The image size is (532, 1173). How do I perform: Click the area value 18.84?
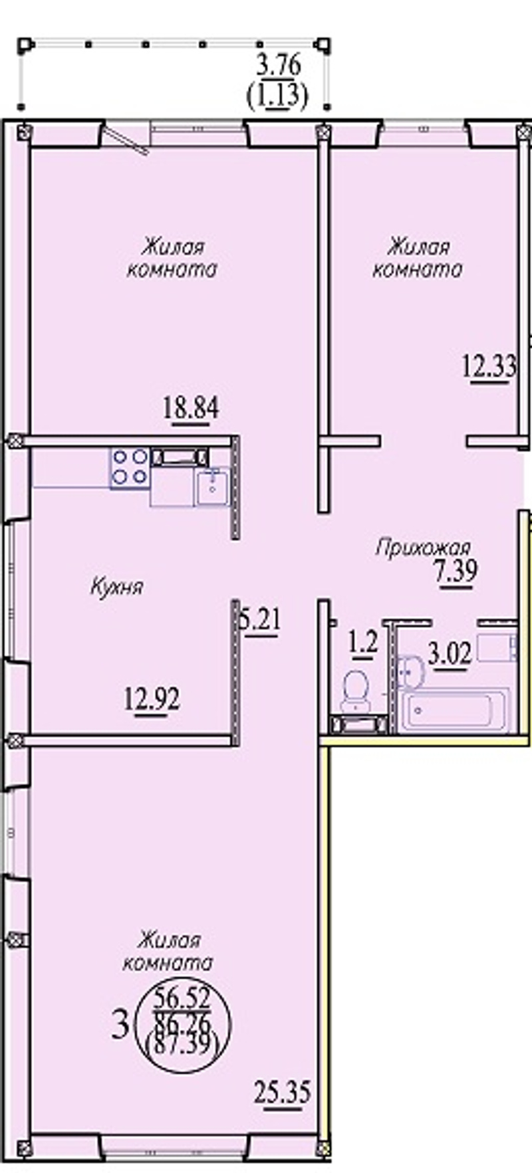pyautogui.click(x=191, y=407)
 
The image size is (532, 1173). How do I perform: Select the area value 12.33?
pyautogui.click(x=489, y=366)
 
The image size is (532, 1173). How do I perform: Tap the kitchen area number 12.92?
pyautogui.click(x=152, y=698)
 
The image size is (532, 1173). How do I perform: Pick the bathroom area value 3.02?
pyautogui.click(x=450, y=653)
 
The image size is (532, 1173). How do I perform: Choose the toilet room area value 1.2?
pyautogui.click(x=364, y=643)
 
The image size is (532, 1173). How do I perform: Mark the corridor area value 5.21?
pyautogui.click(x=260, y=621)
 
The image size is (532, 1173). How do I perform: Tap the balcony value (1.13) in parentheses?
pyautogui.click(x=277, y=97)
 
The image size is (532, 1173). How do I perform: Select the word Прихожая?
pyautogui.click(x=423, y=548)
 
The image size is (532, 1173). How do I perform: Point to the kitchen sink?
pyautogui.click(x=212, y=487)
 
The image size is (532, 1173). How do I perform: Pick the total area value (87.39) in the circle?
pyautogui.click(x=182, y=1045)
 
